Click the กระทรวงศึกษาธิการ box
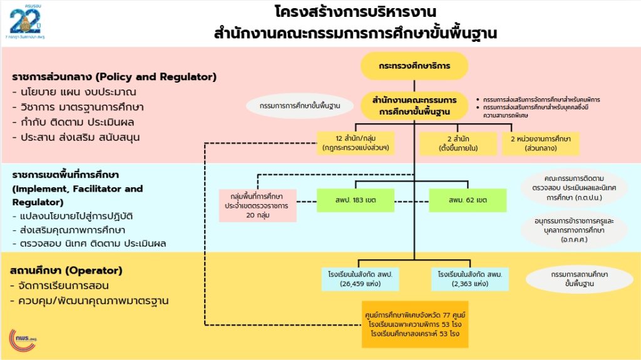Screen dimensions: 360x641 [414, 65]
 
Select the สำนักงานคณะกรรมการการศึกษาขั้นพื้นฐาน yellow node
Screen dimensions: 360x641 [414, 106]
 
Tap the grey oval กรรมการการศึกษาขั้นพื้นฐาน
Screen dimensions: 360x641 [299, 105]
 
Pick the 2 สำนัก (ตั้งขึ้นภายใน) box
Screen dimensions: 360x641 [458, 143]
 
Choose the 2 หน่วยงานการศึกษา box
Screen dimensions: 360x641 [540, 143]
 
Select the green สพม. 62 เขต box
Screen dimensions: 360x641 [468, 200]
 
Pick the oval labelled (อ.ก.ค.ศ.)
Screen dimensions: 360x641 [573, 231]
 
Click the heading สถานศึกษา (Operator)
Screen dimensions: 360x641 [66, 271]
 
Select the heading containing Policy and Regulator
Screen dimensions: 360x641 [114, 78]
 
